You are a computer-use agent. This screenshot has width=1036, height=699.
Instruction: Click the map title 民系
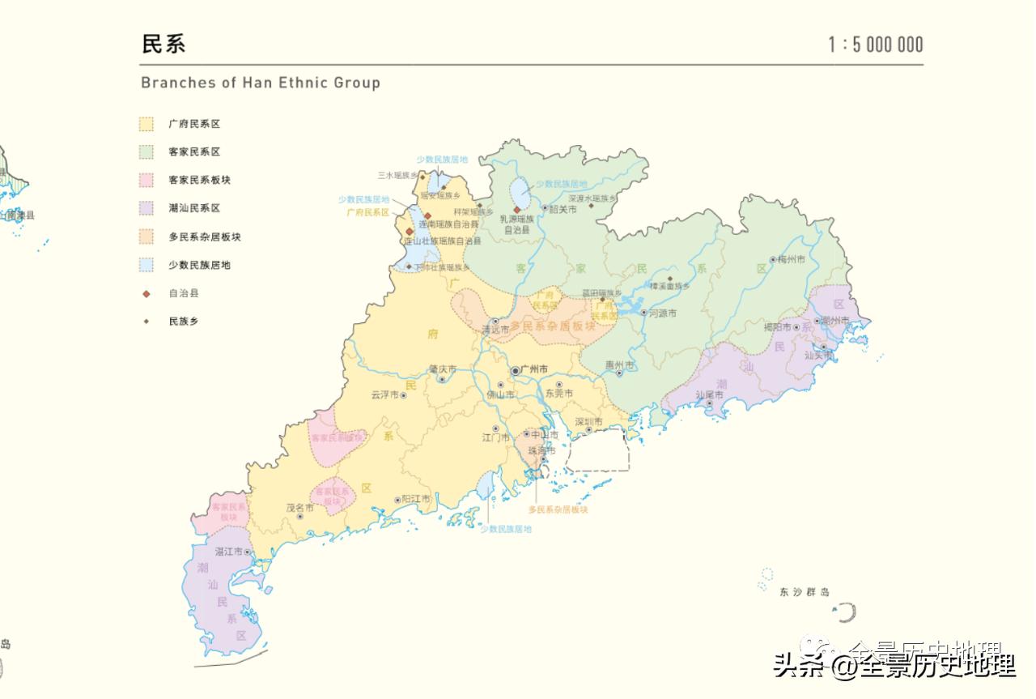[163, 44]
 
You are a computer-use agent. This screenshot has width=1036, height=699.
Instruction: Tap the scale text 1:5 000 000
[875, 45]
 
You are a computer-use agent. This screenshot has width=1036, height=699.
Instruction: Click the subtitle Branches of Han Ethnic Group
[260, 83]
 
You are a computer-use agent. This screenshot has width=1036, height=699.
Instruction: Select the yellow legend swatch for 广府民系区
[146, 124]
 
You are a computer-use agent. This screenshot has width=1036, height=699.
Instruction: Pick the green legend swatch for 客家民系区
[146, 152]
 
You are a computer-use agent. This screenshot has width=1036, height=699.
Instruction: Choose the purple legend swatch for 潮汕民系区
[146, 208]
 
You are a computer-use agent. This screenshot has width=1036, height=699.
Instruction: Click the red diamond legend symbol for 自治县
[146, 293]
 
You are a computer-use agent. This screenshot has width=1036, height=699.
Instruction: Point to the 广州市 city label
[535, 369]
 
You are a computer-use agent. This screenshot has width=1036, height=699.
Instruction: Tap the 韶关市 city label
[563, 209]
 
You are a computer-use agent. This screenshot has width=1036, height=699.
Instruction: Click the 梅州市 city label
[792, 259]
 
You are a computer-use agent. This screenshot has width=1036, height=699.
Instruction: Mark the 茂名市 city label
[299, 508]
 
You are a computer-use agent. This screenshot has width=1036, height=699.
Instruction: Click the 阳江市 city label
[416, 499]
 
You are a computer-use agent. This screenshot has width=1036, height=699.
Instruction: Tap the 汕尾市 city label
[709, 394]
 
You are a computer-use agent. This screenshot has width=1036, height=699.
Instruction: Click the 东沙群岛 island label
[805, 592]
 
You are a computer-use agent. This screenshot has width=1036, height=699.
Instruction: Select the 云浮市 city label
[385, 394]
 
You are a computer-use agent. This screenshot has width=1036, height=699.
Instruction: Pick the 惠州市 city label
[620, 364]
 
